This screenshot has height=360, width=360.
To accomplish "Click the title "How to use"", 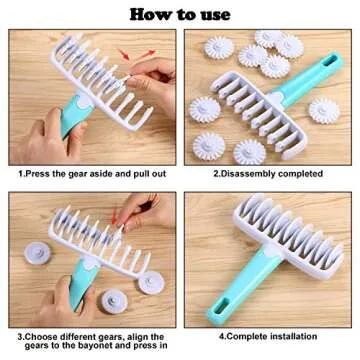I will click(180, 13).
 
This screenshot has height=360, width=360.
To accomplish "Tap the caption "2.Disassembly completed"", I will click(267, 173).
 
